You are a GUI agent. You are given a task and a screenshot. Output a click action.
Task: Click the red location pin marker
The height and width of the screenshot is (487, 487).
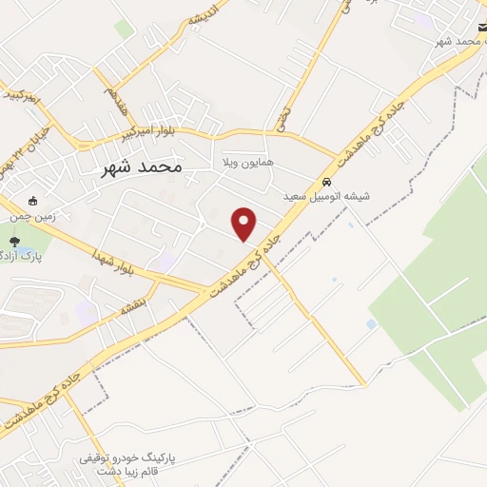(x=245, y=224)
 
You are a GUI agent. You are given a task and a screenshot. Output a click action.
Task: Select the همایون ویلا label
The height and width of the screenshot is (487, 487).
(x=247, y=163)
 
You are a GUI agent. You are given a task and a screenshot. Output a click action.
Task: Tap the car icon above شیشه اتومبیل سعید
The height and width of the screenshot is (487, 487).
(x=326, y=182)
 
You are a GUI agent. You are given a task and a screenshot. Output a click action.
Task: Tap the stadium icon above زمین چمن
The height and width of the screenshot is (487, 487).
(x=33, y=202)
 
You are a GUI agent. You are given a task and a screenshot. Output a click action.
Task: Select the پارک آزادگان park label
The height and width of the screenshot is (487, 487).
(x=10, y=255)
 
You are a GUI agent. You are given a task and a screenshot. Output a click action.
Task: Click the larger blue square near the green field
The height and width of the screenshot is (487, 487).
(x=371, y=324)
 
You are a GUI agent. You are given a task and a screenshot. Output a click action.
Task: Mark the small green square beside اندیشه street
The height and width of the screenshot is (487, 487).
(x=124, y=29)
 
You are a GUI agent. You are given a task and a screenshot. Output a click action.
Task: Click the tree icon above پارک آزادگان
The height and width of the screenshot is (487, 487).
(x=14, y=241)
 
